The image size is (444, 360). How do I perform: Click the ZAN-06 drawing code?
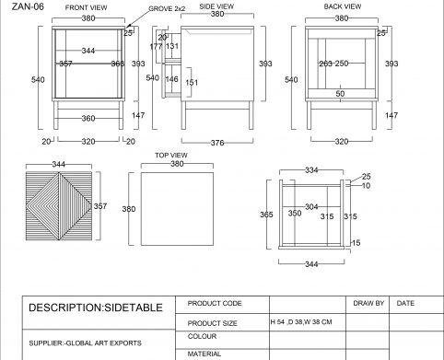tap(28, 6)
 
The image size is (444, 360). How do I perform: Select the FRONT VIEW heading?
tap(86, 7)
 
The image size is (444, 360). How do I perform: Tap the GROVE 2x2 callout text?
tap(167, 9)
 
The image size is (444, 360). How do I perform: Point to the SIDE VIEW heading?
tap(216, 6)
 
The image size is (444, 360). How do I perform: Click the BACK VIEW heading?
tap(343, 6)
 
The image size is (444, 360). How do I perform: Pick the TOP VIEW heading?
tap(171, 156)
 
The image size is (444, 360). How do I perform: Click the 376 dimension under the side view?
tap(217, 143)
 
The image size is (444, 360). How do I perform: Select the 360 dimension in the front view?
tap(88, 118)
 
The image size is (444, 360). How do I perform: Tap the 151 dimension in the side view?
tap(192, 83)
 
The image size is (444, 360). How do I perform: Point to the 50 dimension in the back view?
tap(340, 94)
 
